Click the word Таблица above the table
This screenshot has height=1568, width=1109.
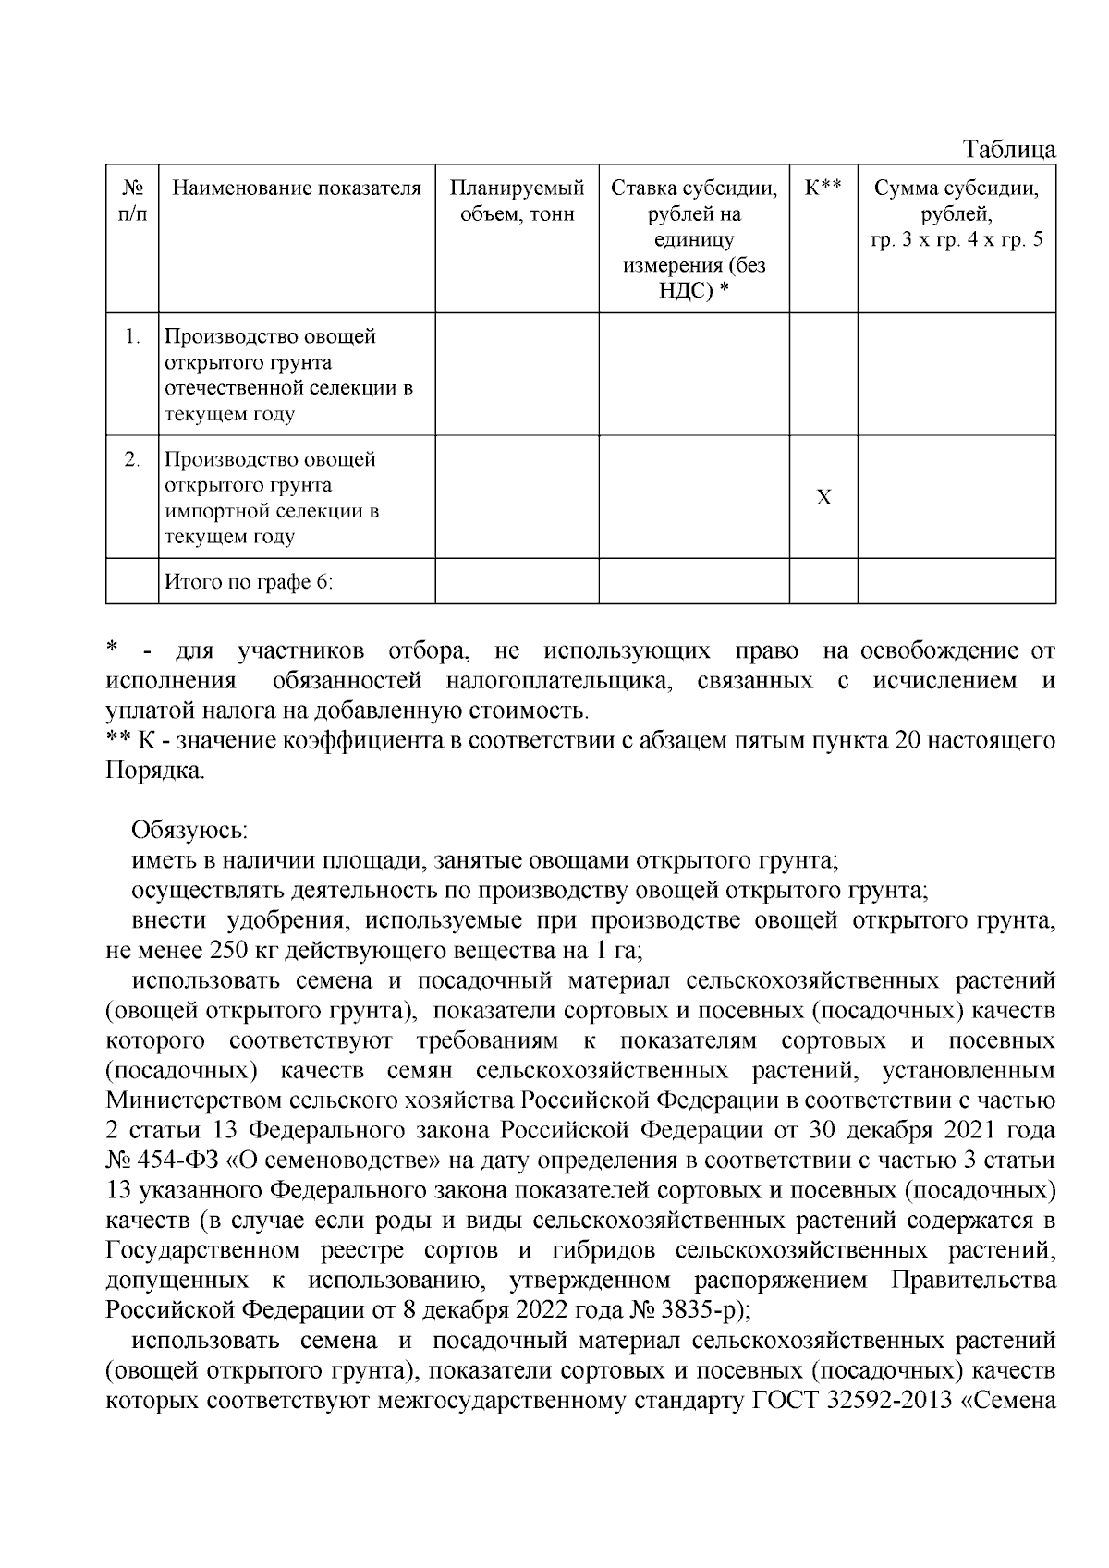1009,149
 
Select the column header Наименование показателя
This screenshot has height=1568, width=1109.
297,188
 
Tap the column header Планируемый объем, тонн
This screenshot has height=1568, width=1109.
517,201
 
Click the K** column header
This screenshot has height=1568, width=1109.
823,188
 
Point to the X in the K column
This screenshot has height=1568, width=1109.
823,498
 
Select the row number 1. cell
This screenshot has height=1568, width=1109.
132,336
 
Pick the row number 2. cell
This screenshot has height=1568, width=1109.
132,459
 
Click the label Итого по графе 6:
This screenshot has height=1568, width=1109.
248,582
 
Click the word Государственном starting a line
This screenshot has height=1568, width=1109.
202,1250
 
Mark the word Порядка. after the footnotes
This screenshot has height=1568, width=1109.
154,771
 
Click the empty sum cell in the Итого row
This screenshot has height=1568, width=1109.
957,582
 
